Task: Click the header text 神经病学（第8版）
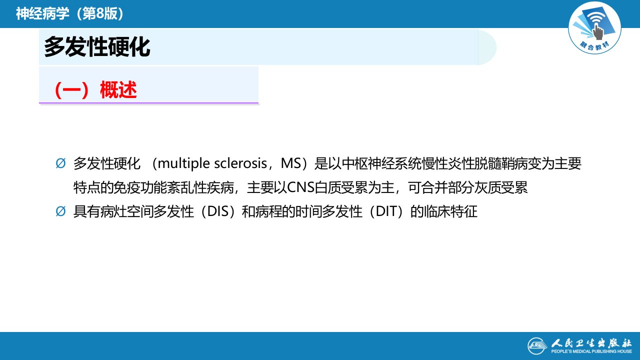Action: tap(69, 13)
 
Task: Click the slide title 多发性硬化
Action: tap(97, 47)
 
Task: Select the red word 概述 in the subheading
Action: tap(118, 90)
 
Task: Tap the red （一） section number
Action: tap(71, 90)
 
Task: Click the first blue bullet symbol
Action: tap(60, 163)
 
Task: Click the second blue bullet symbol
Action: tap(60, 211)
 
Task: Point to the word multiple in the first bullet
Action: tap(183, 163)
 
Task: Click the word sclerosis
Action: tap(240, 163)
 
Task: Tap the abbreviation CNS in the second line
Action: tap(300, 187)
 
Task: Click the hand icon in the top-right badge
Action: tap(597, 31)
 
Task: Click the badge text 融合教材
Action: tap(594, 45)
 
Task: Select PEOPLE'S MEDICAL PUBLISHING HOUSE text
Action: tap(591, 351)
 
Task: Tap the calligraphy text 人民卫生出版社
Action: tap(591, 342)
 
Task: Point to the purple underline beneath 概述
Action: tap(148, 103)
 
